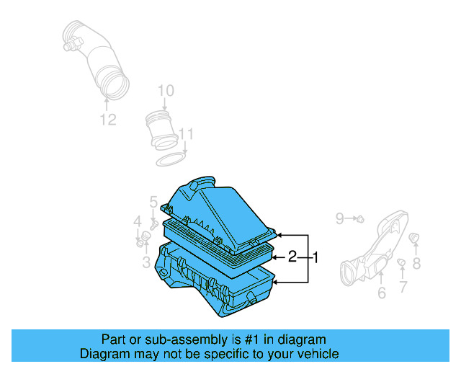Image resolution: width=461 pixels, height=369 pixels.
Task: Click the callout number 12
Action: click(107, 120)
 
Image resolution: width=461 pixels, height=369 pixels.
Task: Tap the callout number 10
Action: click(166, 91)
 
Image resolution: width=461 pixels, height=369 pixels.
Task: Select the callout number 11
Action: click(187, 134)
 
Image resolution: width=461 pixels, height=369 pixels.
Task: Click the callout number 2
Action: click(292, 257)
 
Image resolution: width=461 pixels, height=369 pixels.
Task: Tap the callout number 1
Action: click(314, 257)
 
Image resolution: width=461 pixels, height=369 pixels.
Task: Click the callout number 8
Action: click(416, 264)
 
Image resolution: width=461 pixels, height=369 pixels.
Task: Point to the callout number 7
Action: click(403, 287)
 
